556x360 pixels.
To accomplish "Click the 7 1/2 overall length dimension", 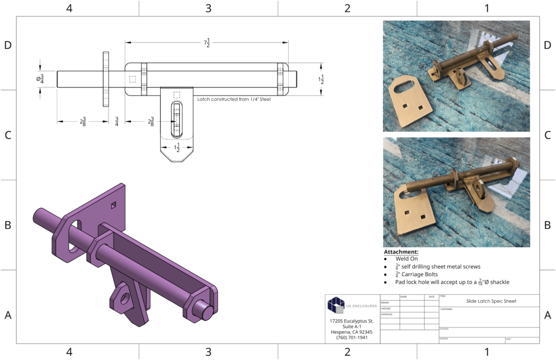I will point(206,43).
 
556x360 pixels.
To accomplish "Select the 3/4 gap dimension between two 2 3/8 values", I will point(117,122).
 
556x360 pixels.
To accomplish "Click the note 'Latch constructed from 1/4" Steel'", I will point(233,99).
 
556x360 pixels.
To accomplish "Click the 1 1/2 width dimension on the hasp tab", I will point(176,147).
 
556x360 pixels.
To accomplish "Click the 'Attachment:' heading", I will point(401,252).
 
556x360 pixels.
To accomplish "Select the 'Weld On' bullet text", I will point(407,259).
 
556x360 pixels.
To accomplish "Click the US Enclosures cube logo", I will point(336,305).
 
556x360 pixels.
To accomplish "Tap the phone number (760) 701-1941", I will point(352,337).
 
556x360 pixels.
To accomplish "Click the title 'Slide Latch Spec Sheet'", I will point(491,301).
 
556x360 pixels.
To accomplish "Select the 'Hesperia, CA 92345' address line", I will point(352,332).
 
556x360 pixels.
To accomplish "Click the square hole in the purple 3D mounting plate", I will point(113,205).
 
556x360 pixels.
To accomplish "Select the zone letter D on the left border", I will point(8,45).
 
